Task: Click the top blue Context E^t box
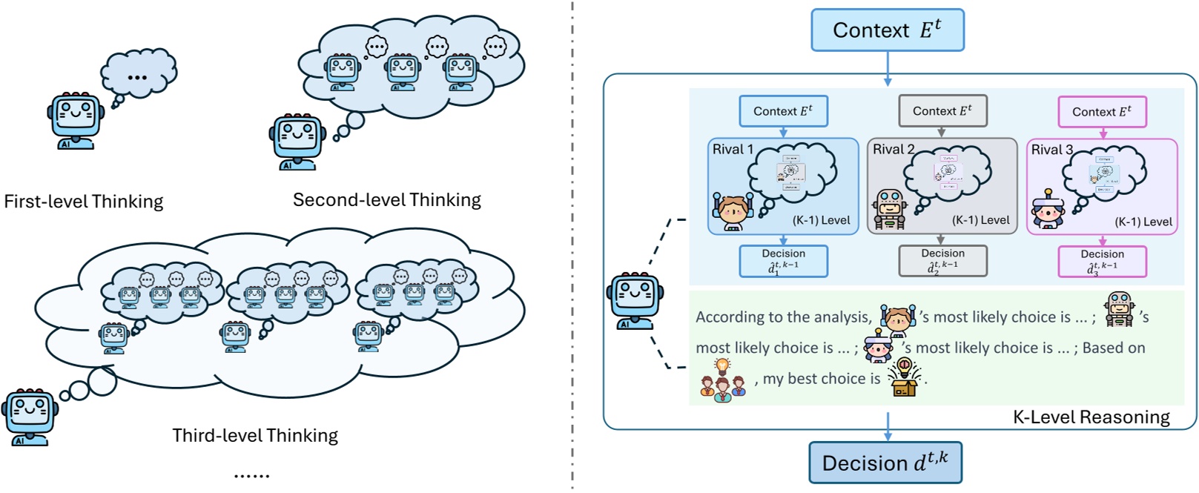(x=887, y=30)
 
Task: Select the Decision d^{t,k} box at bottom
(x=885, y=463)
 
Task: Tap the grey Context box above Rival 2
(x=942, y=111)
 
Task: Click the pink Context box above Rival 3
(x=1102, y=112)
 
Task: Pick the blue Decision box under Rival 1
(x=783, y=261)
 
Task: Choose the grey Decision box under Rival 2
(x=942, y=261)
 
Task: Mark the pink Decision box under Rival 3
(x=1102, y=262)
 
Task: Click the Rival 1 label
(x=733, y=150)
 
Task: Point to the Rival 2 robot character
(x=889, y=208)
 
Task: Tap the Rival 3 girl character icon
(x=1047, y=209)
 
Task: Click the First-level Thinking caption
(x=83, y=202)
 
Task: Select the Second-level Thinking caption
(x=386, y=200)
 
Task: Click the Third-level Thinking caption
(x=255, y=435)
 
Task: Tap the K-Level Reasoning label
(x=1091, y=417)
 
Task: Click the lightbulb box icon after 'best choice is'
(x=904, y=377)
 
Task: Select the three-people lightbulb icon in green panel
(x=722, y=380)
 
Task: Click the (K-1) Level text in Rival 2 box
(x=980, y=220)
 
